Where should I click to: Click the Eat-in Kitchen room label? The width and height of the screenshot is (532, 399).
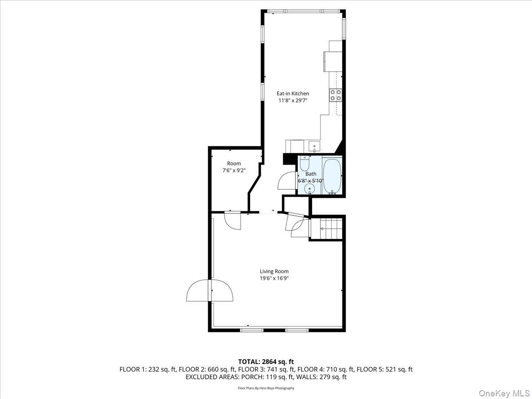(x=293, y=94)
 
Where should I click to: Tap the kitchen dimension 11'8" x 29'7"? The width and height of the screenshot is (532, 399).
(x=293, y=101)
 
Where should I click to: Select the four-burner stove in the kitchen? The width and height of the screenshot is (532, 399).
(x=336, y=95)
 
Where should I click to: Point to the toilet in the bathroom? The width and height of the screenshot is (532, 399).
(x=305, y=164)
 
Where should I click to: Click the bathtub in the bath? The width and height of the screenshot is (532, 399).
(x=332, y=176)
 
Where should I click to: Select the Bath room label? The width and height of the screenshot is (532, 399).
(x=311, y=174)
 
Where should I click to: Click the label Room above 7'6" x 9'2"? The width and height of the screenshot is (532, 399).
(x=234, y=164)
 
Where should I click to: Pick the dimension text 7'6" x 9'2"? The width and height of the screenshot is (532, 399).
(x=234, y=170)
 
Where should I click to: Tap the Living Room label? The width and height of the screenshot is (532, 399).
(x=274, y=271)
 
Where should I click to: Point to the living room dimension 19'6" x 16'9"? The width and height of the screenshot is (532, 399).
(x=274, y=278)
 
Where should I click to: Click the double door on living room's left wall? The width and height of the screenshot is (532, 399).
(x=210, y=291)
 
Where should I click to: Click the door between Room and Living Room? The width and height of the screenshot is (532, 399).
(x=232, y=220)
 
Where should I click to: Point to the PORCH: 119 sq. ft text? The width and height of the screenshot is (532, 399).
(x=270, y=377)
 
